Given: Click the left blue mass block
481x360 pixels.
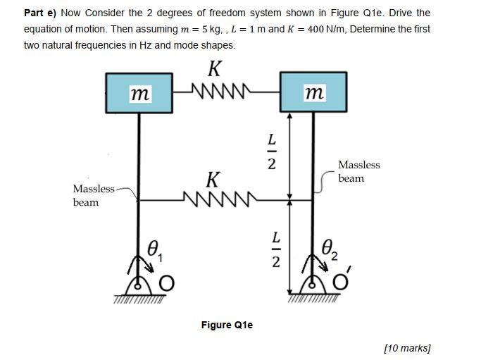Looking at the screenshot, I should (x=139, y=92).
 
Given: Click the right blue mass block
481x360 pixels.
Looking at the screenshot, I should (x=313, y=92).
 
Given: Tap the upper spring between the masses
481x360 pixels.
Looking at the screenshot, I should (x=215, y=89).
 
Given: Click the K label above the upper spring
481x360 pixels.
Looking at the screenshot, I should (x=215, y=69).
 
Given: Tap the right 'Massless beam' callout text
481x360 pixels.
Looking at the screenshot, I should (x=358, y=171).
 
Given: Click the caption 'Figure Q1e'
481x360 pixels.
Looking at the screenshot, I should (x=227, y=325).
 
